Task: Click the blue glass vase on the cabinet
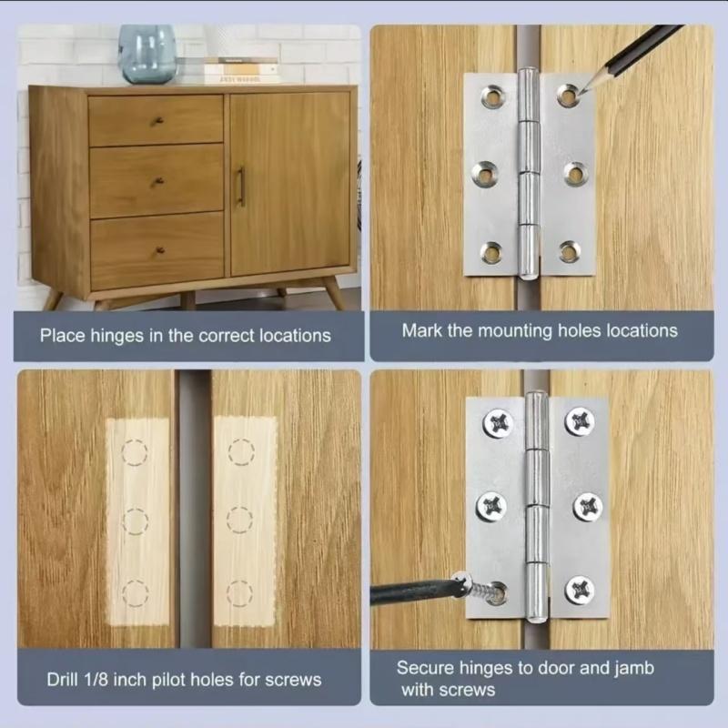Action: pos(147,54)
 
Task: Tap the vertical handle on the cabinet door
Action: pos(240,186)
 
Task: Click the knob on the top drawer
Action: pos(157,120)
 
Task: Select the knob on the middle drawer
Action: pos(157,181)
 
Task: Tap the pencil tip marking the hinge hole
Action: pos(578,91)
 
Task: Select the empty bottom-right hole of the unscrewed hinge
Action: pos(570,251)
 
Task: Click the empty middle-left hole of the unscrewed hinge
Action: pos(485,171)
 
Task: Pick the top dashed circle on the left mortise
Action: pos(134,452)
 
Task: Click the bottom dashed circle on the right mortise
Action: pos(240,594)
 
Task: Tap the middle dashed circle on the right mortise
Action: pos(239,521)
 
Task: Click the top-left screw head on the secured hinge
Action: pos(498,422)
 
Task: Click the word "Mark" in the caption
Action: pos(421,329)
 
